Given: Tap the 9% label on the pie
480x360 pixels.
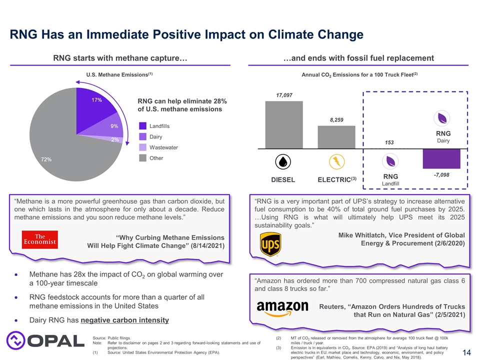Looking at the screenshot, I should pyautogui.click(x=114, y=126).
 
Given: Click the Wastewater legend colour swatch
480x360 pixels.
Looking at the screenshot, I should pyautogui.click(x=142, y=147).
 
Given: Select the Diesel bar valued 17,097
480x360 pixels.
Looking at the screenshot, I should pyautogui.click(x=283, y=124).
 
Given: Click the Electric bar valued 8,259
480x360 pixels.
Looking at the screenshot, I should pyautogui.click(x=336, y=136).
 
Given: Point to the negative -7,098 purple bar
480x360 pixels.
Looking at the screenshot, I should pyautogui.click(x=441, y=158).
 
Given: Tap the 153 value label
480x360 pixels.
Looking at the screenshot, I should pyautogui.click(x=389, y=143).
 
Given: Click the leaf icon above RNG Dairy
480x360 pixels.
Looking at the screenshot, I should pyautogui.click(x=442, y=118).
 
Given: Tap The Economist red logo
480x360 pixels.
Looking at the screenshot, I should pyautogui.click(x=40, y=239).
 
